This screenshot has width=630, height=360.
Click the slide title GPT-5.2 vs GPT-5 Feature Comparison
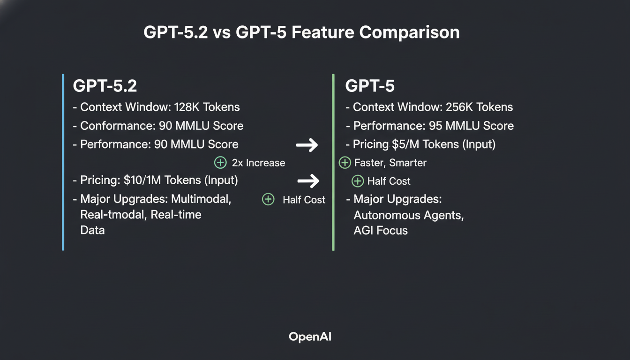coord(301,32)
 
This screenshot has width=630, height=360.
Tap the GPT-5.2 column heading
coord(105,86)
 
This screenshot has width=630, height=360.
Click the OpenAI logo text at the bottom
coord(310,337)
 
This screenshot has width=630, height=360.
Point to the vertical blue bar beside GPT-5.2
coord(63,162)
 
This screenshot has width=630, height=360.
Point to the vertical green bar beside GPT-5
coord(333,162)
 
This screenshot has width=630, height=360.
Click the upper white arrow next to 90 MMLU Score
coord(307,145)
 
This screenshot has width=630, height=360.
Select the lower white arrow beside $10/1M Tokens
coord(308,180)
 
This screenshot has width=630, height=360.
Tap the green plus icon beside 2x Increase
coord(220,163)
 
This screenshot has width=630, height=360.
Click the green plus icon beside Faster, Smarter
coord(345,163)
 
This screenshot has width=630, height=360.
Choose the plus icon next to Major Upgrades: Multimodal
coord(268,199)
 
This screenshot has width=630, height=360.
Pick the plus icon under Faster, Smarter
coord(358,181)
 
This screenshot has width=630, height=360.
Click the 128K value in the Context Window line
coord(187,107)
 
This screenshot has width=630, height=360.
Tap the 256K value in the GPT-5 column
coord(461,107)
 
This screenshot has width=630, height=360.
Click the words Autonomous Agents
coord(408,216)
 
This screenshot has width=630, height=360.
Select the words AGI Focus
coord(381,231)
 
